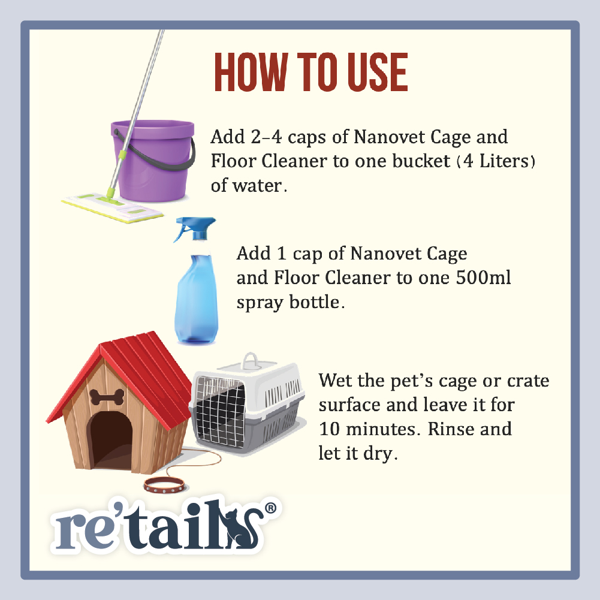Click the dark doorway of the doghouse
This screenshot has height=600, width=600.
pyautogui.click(x=110, y=441)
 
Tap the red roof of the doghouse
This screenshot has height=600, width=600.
pyautogui.click(x=150, y=372)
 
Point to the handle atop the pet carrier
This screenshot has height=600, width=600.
pyautogui.click(x=249, y=360)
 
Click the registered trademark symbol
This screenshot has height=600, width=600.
pyautogui.click(x=271, y=508)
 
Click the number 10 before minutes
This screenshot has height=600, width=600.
pyautogui.click(x=330, y=430)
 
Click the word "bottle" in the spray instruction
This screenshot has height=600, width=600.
pyautogui.click(x=313, y=302)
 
